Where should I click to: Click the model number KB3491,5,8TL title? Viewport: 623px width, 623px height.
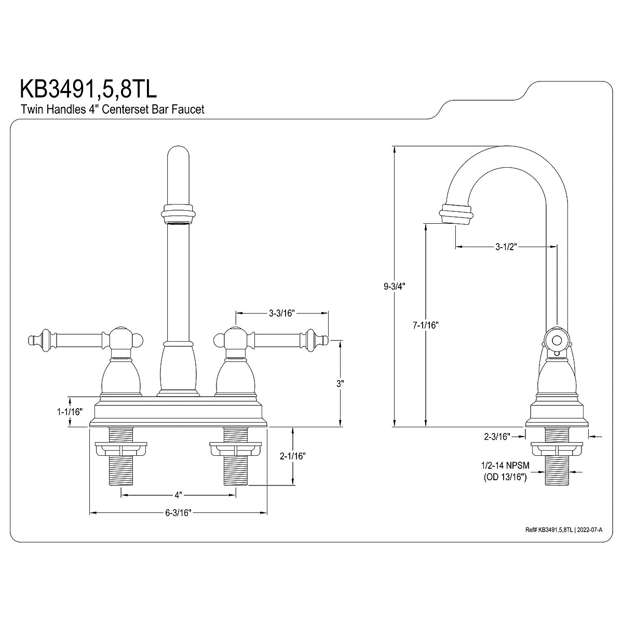pos(88,88)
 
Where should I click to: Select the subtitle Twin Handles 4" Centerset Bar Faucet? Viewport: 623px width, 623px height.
pos(112,110)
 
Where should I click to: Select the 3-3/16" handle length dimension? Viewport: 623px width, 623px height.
pos(282,313)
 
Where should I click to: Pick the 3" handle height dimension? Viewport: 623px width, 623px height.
pos(340,384)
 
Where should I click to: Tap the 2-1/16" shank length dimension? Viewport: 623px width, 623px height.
pos(292,456)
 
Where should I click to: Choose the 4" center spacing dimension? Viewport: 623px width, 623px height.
pos(179,494)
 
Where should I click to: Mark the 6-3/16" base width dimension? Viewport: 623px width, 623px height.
pos(179,513)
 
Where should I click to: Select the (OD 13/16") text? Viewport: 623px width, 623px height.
pos(505,478)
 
